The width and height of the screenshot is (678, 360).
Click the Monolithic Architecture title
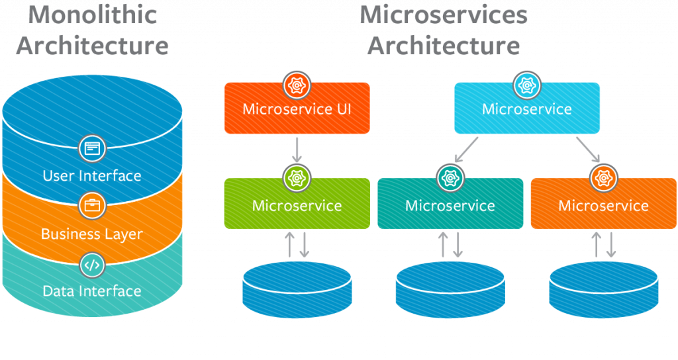pos(92,30)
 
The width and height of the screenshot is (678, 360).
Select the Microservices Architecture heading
pos(444,30)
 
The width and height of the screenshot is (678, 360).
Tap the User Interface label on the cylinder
pos(92,175)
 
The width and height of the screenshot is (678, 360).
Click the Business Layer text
pos(92,234)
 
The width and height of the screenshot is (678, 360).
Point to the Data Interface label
pos(92,291)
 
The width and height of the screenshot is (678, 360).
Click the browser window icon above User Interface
pos(92,148)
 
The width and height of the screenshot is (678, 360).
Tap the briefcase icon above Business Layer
pos(92,206)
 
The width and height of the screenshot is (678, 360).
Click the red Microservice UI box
pos(297,109)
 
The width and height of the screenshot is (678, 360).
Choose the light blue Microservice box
pos(527,109)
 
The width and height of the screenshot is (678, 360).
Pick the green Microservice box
pos(297,204)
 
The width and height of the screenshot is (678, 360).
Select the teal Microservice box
pos(450,204)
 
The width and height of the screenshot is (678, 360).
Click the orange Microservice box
pos(603,204)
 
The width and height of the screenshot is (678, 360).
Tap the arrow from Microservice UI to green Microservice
pos(297,150)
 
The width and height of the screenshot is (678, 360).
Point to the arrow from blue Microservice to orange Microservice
pos(588,150)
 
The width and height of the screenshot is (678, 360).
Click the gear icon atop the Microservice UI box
pos(297,85)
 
